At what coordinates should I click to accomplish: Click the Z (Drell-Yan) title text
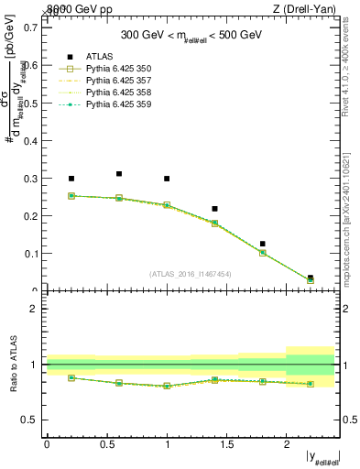[305, 9]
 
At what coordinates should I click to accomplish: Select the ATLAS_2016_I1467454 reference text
[190, 272]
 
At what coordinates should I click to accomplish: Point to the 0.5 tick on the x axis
[107, 443]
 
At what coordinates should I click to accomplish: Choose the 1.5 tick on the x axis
[227, 443]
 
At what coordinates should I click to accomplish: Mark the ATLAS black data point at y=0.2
[71, 179]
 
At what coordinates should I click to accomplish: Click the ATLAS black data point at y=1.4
[214, 209]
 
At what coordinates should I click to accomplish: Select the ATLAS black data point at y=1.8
[262, 244]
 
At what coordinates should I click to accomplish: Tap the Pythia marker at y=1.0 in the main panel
[167, 205]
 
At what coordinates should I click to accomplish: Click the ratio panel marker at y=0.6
[119, 383]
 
